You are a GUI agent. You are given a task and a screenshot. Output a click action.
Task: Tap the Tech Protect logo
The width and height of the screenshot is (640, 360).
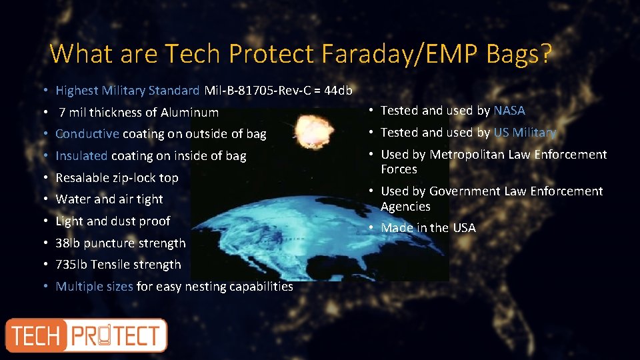pyautogui.click(x=87, y=335)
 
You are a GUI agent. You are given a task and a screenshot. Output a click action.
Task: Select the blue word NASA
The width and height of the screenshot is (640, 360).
pyautogui.click(x=509, y=111)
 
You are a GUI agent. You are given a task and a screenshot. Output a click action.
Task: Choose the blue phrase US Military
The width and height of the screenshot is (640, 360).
pyautogui.click(x=525, y=133)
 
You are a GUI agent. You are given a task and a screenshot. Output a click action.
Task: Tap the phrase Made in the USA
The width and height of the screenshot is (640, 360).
pyautogui.click(x=428, y=228)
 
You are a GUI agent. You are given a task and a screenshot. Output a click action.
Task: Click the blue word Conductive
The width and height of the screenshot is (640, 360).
pyautogui.click(x=87, y=134)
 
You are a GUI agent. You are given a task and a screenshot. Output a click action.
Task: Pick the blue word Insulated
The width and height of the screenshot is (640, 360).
pyautogui.click(x=81, y=156)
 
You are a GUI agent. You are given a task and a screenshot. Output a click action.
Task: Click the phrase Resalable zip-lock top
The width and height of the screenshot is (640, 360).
pyautogui.click(x=117, y=178)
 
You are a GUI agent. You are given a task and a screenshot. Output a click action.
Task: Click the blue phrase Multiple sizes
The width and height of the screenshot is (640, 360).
pyautogui.click(x=94, y=287)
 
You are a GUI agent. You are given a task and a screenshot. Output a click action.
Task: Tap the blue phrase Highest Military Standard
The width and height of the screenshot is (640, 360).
pyautogui.click(x=127, y=90)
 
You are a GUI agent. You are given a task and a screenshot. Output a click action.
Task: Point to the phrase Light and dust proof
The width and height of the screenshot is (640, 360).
pyautogui.click(x=113, y=221)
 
